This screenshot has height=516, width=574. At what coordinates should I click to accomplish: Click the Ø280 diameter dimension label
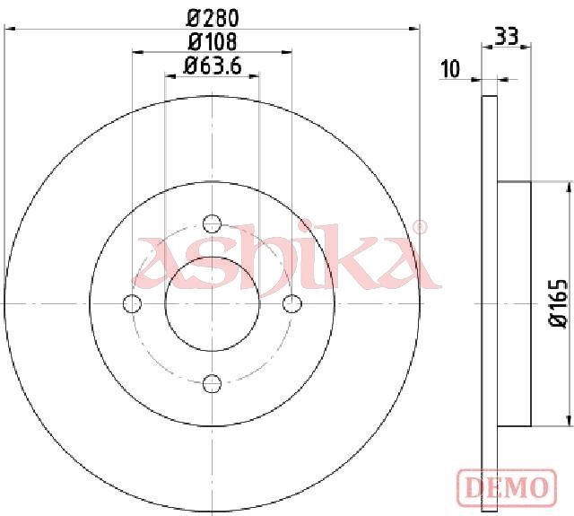[213, 18]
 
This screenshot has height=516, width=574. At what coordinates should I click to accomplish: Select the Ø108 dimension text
[213, 42]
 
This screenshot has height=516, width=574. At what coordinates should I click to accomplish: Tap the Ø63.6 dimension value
[213, 66]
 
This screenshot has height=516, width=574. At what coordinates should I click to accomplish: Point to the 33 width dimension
[507, 37]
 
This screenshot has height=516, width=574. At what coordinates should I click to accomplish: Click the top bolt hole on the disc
[212, 223]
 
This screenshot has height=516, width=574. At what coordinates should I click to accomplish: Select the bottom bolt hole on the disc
[212, 383]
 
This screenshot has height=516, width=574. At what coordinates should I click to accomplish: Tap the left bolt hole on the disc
[132, 303]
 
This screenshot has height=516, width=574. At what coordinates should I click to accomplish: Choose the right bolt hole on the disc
[292, 303]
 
